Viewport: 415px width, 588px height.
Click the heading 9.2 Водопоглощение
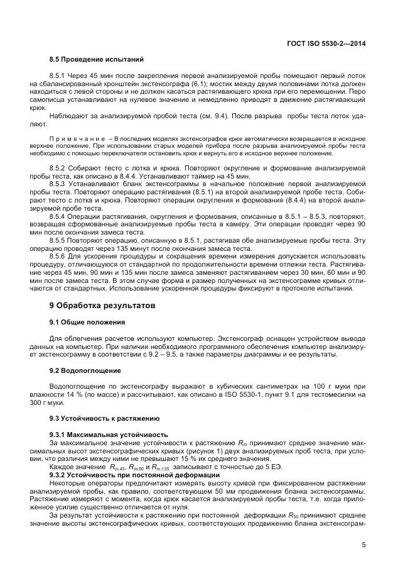(85, 370)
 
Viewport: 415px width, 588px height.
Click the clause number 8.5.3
(58, 180)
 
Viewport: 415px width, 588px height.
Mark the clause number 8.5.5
(58, 239)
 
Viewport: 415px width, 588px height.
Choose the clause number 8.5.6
(58, 256)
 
